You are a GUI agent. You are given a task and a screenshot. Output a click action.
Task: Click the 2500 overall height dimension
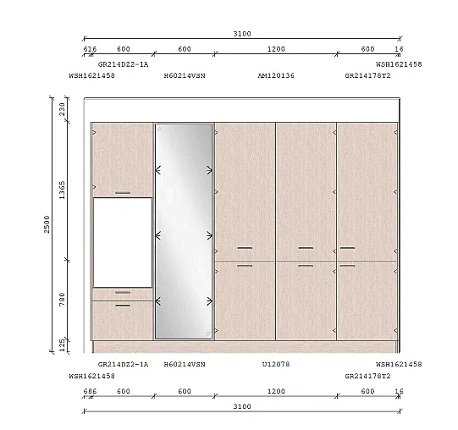tap(47, 224)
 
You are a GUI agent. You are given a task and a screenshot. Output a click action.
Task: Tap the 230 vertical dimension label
tap(62, 109)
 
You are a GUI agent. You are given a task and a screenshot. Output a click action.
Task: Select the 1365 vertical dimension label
tap(62, 190)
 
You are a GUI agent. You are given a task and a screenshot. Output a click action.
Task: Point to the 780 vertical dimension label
tap(62, 300)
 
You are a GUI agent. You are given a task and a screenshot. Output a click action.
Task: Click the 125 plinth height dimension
tap(62, 345)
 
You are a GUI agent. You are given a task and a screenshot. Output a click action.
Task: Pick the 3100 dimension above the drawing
tap(242, 34)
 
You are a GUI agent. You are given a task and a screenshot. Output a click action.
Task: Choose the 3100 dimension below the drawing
tap(242, 406)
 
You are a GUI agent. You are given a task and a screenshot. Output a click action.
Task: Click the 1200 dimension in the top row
tap(276, 49)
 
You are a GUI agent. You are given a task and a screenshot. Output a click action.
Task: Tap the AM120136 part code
tap(276, 75)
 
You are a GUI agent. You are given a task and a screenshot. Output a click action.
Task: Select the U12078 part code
tap(276, 364)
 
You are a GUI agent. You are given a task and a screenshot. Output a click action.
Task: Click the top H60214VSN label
tap(185, 75)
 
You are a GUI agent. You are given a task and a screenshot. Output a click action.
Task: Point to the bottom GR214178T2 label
tap(367, 376)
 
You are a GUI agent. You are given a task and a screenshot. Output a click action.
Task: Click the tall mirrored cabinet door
tap(184, 231)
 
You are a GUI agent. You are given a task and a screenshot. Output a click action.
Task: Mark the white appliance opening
tap(123, 242)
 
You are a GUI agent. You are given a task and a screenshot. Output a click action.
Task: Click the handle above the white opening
tap(123, 193)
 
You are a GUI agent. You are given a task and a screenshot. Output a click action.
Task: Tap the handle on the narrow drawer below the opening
tap(123, 292)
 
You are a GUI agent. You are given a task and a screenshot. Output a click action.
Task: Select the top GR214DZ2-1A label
tap(123, 64)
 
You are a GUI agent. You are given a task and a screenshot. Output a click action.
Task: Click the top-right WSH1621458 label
tap(399, 64)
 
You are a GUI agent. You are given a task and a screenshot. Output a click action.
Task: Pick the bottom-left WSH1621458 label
tap(92, 376)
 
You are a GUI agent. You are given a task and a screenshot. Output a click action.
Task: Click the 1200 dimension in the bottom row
tap(276, 391)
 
